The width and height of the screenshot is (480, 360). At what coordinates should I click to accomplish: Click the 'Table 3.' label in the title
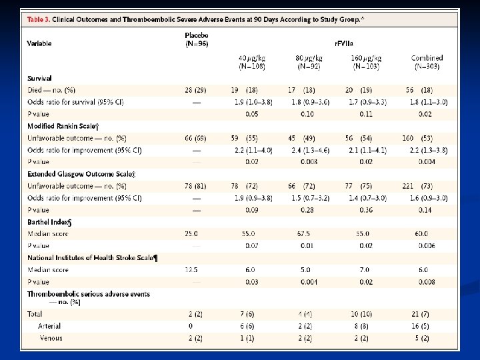(x=40, y=20)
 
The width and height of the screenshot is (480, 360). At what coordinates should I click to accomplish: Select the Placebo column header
(x=197, y=39)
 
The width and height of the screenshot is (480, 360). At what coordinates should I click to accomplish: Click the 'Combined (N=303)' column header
(x=427, y=62)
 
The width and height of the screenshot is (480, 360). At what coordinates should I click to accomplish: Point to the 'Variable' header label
(x=39, y=43)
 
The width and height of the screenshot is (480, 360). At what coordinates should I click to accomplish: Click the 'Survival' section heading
(x=40, y=79)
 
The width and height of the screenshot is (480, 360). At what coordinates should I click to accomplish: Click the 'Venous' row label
(x=51, y=338)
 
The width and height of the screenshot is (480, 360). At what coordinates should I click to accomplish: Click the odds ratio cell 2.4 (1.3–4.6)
(x=305, y=150)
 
